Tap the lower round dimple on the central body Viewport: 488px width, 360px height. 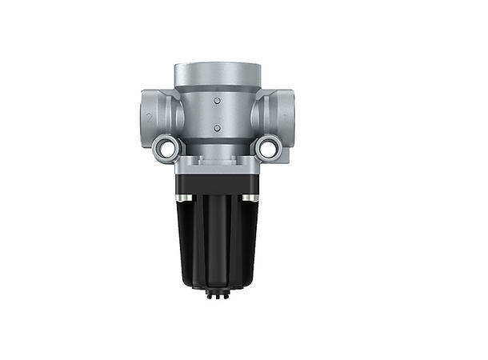pos(215,128)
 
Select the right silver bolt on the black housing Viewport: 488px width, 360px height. pos(250,197)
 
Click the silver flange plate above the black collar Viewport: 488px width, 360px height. pos(216,164)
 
